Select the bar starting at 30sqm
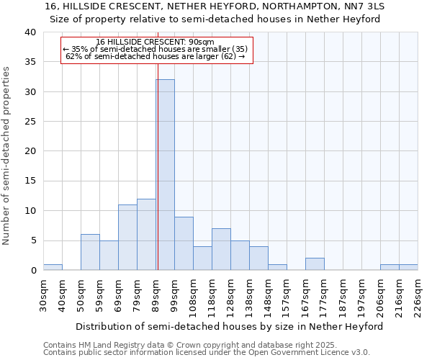[53, 267]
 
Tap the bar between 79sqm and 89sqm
[146, 235]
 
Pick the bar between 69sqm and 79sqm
[127, 238]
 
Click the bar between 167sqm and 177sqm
[315, 264]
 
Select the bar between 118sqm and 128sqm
[221, 249]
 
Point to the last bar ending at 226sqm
[408, 267]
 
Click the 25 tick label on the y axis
[30, 122]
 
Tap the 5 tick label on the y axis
[32, 240]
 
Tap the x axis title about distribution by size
[229, 326]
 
